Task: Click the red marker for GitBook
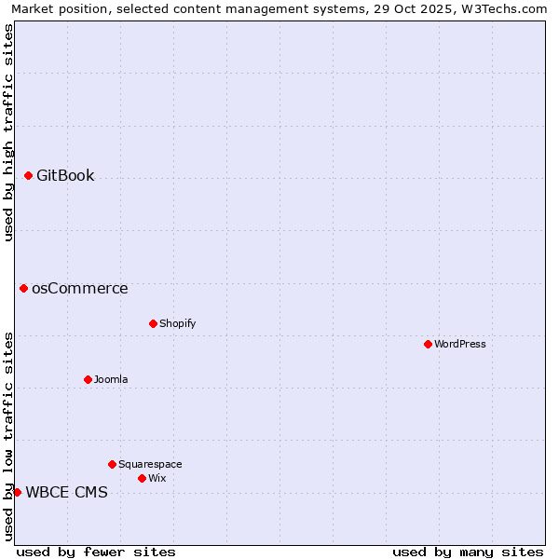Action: pos(28,175)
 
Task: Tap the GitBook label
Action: pos(65,176)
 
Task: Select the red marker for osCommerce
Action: pos(23,288)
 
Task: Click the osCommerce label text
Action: pos(80,289)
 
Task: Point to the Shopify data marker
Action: pos(153,323)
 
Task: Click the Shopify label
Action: pos(177,324)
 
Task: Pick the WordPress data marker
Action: pos(428,344)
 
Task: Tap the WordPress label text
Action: pos(460,345)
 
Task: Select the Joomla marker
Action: pos(88,379)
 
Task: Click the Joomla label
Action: pos(111,380)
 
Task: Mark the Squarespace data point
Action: pos(112,464)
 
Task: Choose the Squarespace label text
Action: pos(150,465)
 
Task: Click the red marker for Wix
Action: pos(142,478)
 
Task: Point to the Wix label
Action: pos(157,479)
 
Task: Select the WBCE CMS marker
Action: pos(17,492)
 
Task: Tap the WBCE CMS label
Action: pos(66,493)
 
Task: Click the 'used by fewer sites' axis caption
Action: pos(96,552)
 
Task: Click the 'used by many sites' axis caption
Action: pos(468,552)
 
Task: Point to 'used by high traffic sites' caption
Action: pos(8,132)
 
